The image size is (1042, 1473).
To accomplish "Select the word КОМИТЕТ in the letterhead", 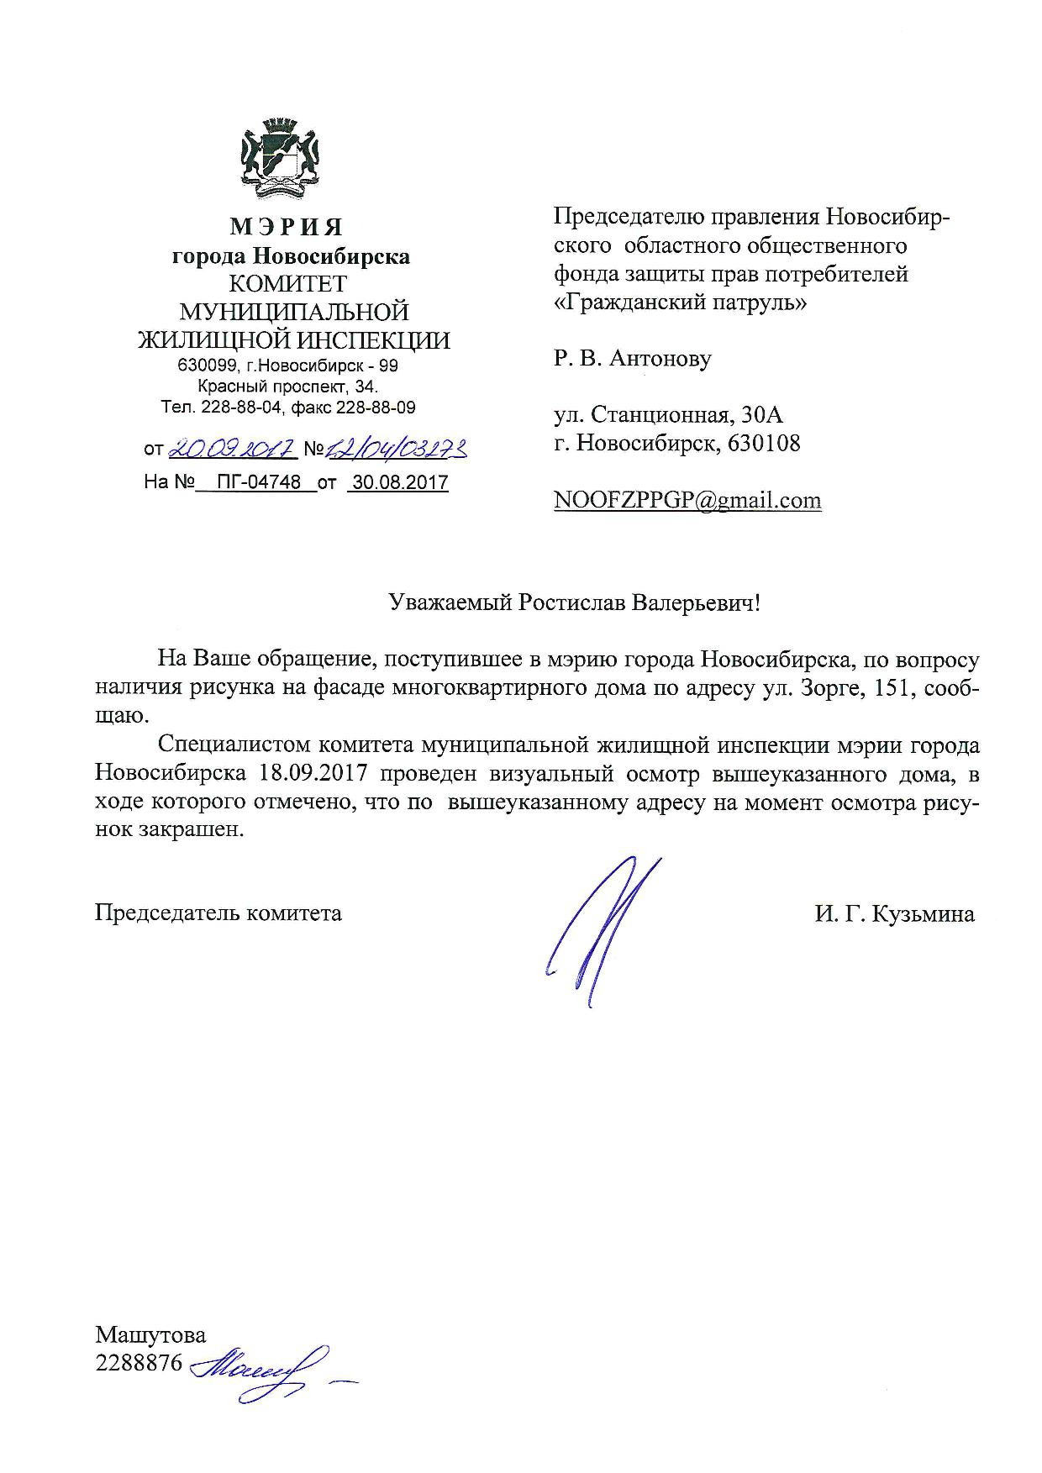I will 288,284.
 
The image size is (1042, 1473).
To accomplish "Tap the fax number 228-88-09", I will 376,408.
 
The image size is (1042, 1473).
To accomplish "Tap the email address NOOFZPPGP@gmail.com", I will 687,501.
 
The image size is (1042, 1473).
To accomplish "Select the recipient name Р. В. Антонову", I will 632,359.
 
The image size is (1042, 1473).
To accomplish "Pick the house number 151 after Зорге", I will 887,687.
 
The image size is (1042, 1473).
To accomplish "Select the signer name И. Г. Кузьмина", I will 894,914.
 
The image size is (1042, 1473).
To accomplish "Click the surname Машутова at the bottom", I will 150,1334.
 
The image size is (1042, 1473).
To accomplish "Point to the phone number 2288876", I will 139,1363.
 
